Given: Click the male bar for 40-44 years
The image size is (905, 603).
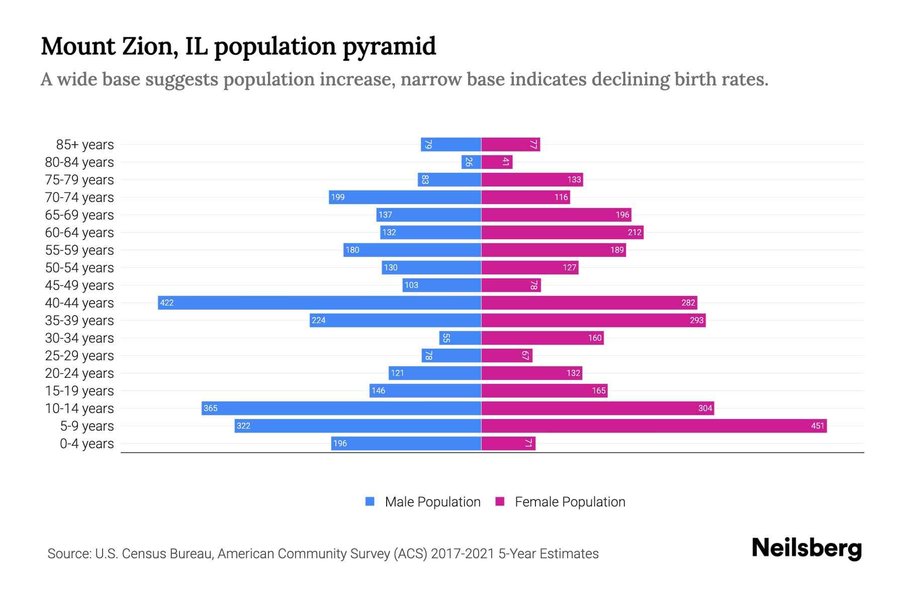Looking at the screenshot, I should click(x=319, y=303).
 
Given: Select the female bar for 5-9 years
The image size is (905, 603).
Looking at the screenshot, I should click(x=654, y=426).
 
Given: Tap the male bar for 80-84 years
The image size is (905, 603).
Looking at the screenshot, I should click(x=471, y=162).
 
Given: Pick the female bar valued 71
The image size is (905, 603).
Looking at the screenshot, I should click(x=508, y=443).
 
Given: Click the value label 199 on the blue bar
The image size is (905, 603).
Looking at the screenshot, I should click(x=338, y=197).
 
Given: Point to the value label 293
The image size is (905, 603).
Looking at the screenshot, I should click(x=696, y=320).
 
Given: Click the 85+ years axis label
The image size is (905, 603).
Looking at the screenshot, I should click(x=84, y=145).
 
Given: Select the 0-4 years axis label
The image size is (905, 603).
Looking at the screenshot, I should click(x=86, y=444).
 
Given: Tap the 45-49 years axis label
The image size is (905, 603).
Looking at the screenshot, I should click(x=79, y=285).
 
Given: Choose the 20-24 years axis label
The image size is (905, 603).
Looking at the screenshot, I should click(x=79, y=373).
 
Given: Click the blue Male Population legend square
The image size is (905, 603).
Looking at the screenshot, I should click(x=370, y=501).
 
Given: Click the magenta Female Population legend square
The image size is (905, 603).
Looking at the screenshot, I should click(x=500, y=501).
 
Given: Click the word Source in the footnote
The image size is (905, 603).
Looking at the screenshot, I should click(x=69, y=554).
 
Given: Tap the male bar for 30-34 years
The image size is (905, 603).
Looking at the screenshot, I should click(x=460, y=338).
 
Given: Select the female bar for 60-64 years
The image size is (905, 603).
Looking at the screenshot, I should click(x=562, y=232).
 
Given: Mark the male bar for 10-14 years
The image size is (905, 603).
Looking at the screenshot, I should click(x=341, y=408).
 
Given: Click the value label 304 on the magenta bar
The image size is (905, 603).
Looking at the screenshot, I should click(x=705, y=408).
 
